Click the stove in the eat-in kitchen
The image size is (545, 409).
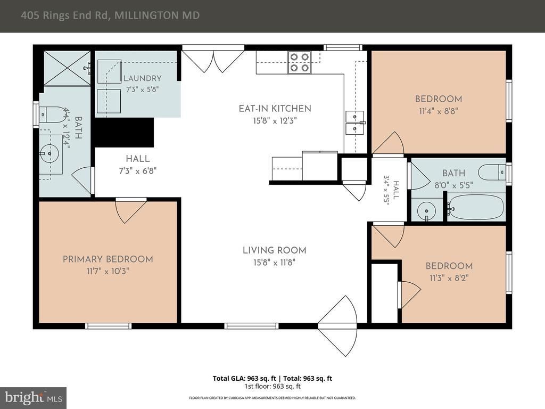click(x=299, y=62)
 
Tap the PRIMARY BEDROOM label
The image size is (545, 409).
click(x=108, y=259)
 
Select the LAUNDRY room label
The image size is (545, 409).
click(x=143, y=78)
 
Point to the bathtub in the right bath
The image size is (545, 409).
click(x=475, y=207)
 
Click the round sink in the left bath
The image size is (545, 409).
click(x=49, y=153)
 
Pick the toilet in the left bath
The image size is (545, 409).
click(x=53, y=114)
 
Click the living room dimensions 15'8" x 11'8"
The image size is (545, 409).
click(x=274, y=262)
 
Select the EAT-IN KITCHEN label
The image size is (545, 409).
click(x=275, y=109)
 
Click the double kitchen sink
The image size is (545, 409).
click(x=354, y=123)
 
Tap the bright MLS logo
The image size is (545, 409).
click(x=34, y=398)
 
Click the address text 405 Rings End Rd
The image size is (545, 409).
click(x=64, y=15)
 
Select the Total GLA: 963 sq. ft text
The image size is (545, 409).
click(x=244, y=379)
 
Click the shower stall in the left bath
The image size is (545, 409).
click(x=67, y=68)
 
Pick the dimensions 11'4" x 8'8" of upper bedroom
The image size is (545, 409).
click(x=439, y=111)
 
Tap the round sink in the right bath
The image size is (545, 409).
click(x=424, y=210)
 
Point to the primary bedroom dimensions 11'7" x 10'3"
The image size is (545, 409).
click(x=108, y=271)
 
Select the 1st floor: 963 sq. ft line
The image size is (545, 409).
click(x=272, y=387)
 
